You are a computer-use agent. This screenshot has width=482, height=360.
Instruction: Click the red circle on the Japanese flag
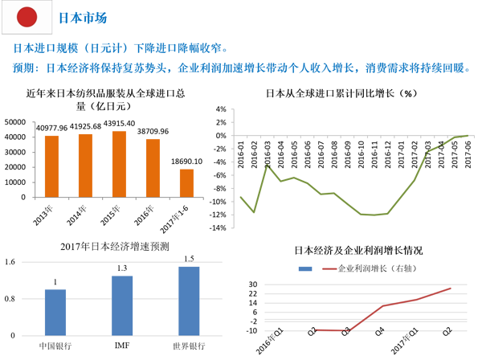click(x=27, y=16)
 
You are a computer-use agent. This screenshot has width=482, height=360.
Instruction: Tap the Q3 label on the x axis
click(x=347, y=336)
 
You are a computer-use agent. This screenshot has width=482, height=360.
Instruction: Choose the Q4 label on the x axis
click(x=382, y=336)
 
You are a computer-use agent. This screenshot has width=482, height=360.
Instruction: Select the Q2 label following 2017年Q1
click(x=450, y=336)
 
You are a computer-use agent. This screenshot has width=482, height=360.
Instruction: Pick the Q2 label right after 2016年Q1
click(x=313, y=336)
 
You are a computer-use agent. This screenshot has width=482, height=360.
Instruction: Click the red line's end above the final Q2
click(x=451, y=288)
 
